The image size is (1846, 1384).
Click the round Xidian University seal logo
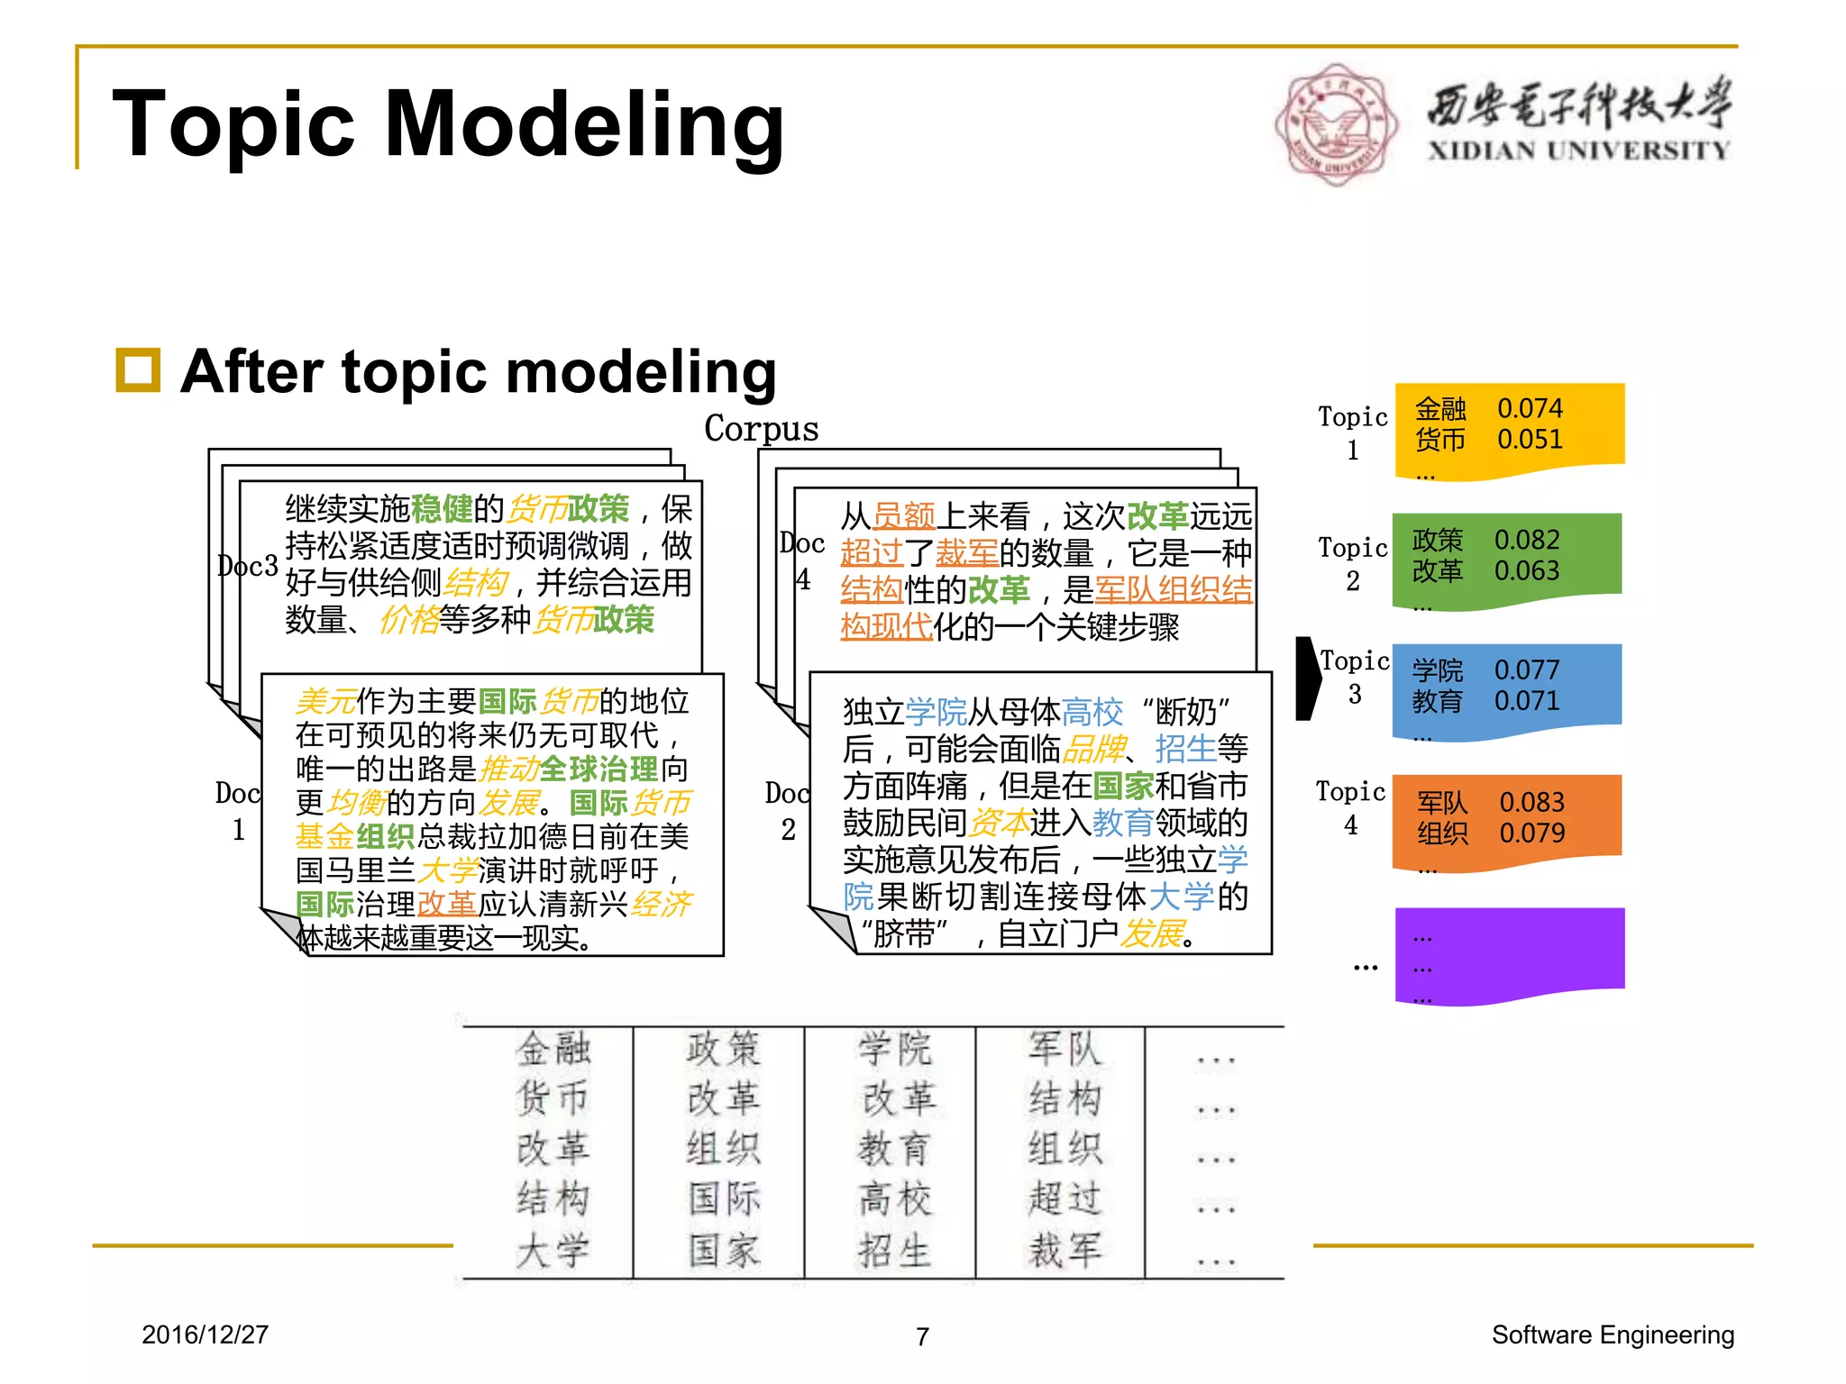1337,124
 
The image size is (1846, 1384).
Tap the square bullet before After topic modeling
138,370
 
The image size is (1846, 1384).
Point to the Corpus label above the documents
762,428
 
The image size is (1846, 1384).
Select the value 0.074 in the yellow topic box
1530,408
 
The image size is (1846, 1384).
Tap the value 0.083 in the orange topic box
1531,802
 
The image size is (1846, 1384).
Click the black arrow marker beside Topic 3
1308,678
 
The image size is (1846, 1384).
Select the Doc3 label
248,566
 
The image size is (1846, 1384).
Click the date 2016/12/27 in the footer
205,1334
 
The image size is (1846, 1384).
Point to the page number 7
922,1336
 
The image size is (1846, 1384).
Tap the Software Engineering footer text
1613,1334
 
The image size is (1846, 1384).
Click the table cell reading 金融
553,1049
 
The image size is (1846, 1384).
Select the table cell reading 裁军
1065,1250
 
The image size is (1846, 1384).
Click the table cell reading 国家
724,1250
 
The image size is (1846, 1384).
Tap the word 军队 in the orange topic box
1442,802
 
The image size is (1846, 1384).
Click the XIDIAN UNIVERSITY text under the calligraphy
1578,150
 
